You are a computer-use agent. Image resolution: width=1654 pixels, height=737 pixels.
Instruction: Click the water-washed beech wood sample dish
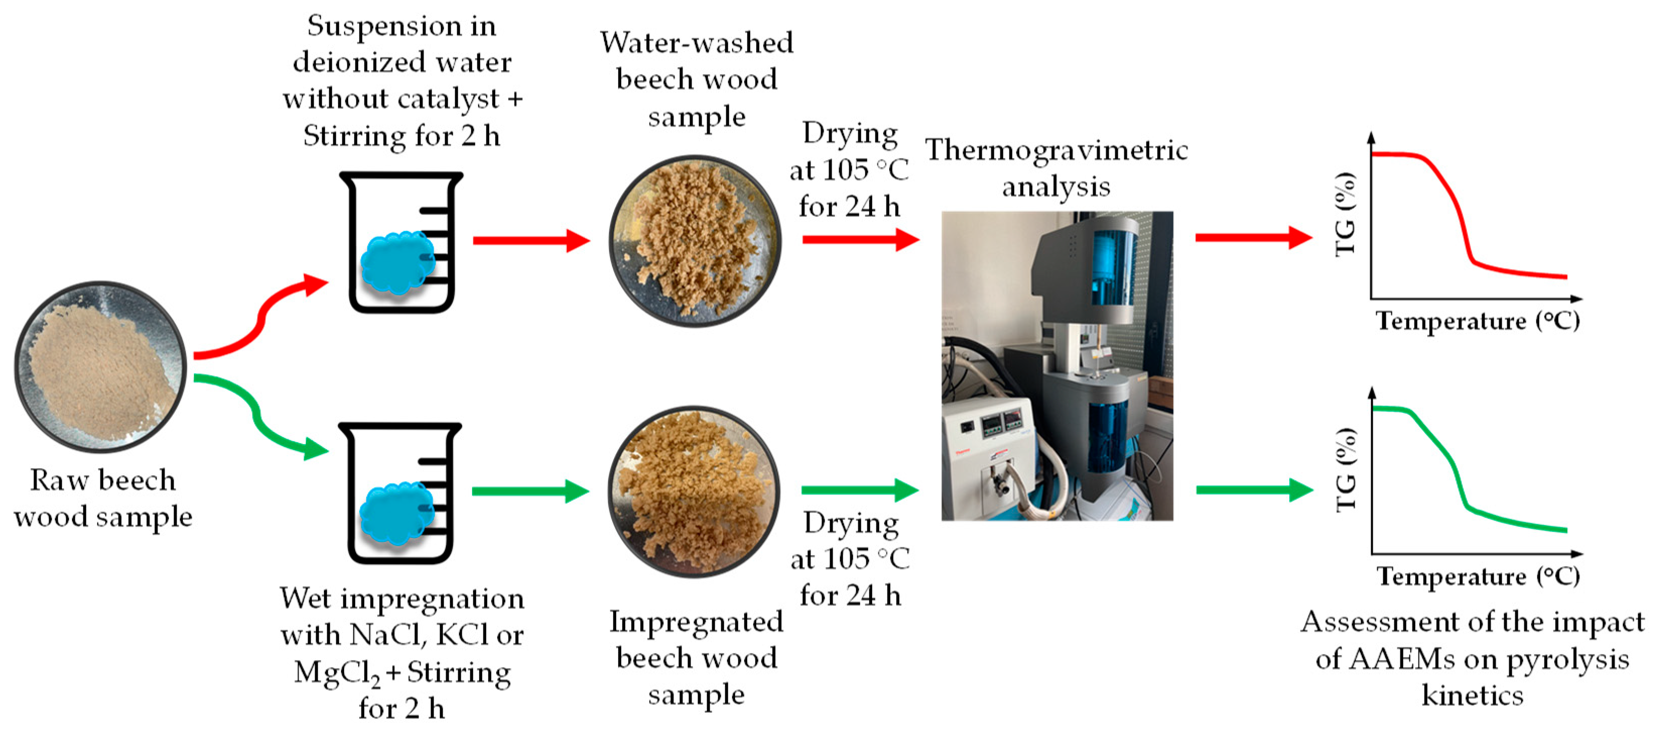coord(695,241)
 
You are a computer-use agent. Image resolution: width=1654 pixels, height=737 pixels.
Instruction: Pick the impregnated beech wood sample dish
coord(694,492)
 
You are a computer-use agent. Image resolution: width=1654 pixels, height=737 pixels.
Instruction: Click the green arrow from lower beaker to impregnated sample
coord(530,492)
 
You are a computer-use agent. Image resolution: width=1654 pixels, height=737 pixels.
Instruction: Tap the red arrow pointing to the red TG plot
coord(1252,238)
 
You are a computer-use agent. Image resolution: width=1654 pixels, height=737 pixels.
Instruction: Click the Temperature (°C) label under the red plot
coord(1477,321)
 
